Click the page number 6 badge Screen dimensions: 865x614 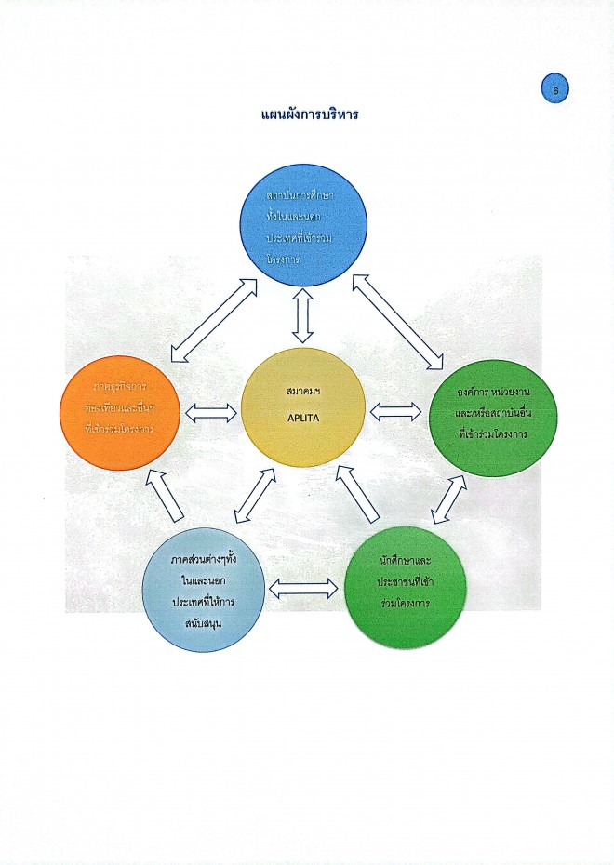pos(554,90)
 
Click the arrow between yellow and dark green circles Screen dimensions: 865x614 pos(396,409)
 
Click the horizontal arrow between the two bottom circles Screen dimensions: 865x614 pos(303,588)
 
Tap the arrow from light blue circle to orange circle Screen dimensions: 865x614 pos(168,495)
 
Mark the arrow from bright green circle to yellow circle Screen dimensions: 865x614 pos(357,493)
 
